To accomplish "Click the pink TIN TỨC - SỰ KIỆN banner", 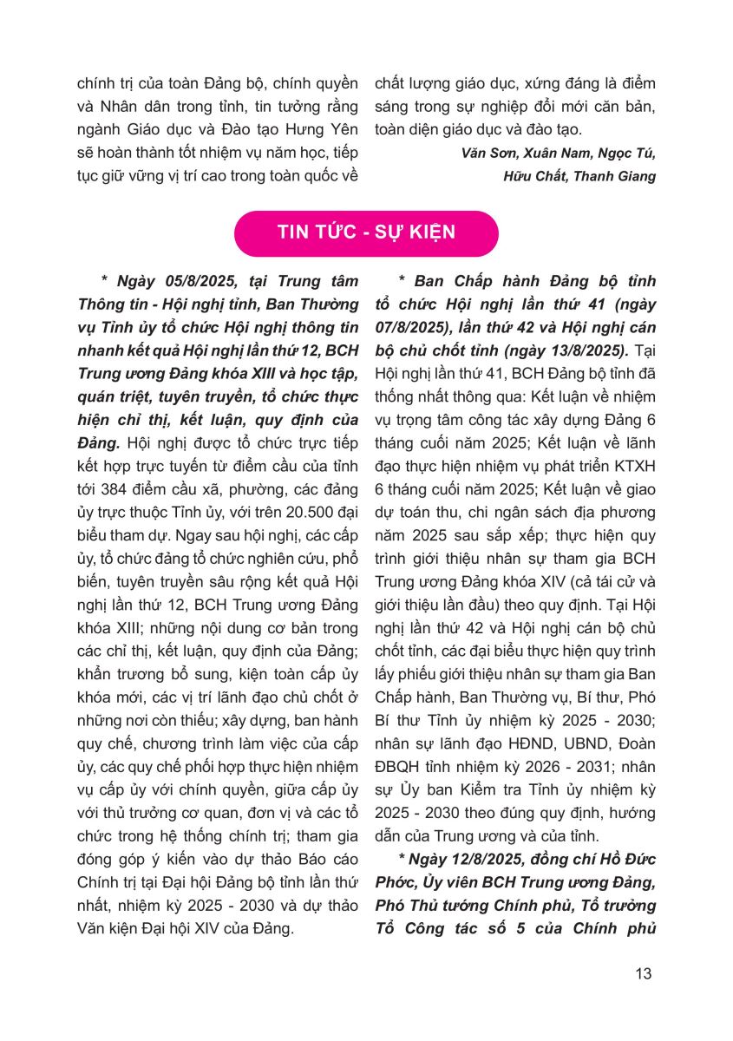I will [x=366, y=233].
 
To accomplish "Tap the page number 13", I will [x=643, y=972].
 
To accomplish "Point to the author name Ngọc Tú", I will [x=626, y=154].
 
